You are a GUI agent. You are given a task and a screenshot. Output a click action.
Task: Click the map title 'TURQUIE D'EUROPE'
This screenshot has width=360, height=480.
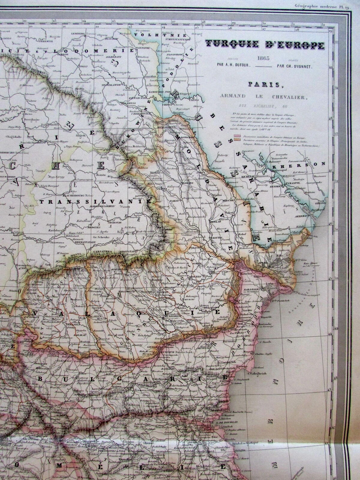coord(264,45)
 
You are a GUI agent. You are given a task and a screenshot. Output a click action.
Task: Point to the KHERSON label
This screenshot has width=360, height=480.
coord(311,164)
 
